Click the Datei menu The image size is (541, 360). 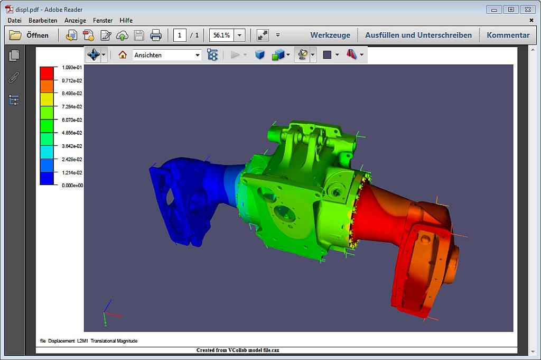click(x=14, y=20)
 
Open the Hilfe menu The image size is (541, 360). click(x=126, y=20)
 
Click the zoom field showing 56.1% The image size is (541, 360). click(x=221, y=35)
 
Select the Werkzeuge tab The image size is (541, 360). click(x=330, y=35)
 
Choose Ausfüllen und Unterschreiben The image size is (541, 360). click(x=418, y=35)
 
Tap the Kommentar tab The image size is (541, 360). click(x=508, y=35)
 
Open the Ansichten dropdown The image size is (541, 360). click(x=167, y=55)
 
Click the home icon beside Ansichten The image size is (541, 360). click(x=123, y=54)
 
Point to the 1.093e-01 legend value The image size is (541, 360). click(x=72, y=68)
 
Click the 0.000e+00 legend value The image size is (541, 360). click(x=72, y=186)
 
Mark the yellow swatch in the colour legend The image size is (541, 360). click(x=47, y=99)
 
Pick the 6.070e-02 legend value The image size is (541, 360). click(x=72, y=120)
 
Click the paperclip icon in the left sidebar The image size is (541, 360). click(x=14, y=78)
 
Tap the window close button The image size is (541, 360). click(x=527, y=9)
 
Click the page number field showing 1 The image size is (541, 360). click(x=180, y=35)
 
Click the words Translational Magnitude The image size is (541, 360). click(x=114, y=341)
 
